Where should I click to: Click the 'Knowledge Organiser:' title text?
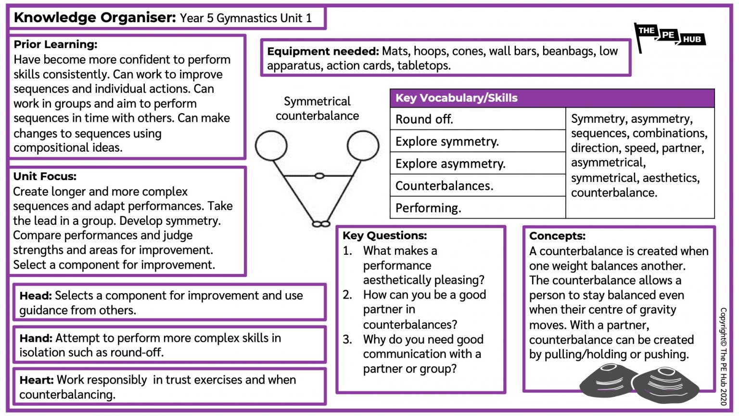[x=95, y=18]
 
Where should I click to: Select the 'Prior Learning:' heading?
[x=55, y=44]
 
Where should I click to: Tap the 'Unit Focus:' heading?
[x=45, y=176]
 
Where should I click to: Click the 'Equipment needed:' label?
[x=323, y=52]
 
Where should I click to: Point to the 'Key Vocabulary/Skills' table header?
[x=456, y=98]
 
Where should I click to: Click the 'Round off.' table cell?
[x=424, y=119]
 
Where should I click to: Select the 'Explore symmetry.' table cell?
[x=447, y=142]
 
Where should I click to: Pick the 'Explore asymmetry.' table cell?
[x=450, y=164]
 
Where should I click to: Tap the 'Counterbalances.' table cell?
[x=444, y=186]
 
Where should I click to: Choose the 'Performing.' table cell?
[x=428, y=208]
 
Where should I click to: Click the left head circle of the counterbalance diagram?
[x=271, y=145]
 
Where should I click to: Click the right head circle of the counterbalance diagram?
[x=363, y=145]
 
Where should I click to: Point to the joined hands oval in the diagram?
[x=319, y=176]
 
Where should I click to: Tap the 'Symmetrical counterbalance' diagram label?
[x=317, y=108]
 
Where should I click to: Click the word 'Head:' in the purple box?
[x=36, y=296]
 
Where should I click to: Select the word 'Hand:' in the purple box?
[x=36, y=338]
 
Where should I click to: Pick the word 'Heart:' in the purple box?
[x=37, y=380]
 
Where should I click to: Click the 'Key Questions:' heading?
[x=384, y=235]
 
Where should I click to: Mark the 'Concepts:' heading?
[x=557, y=236]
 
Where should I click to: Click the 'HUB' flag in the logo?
[x=692, y=39]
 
